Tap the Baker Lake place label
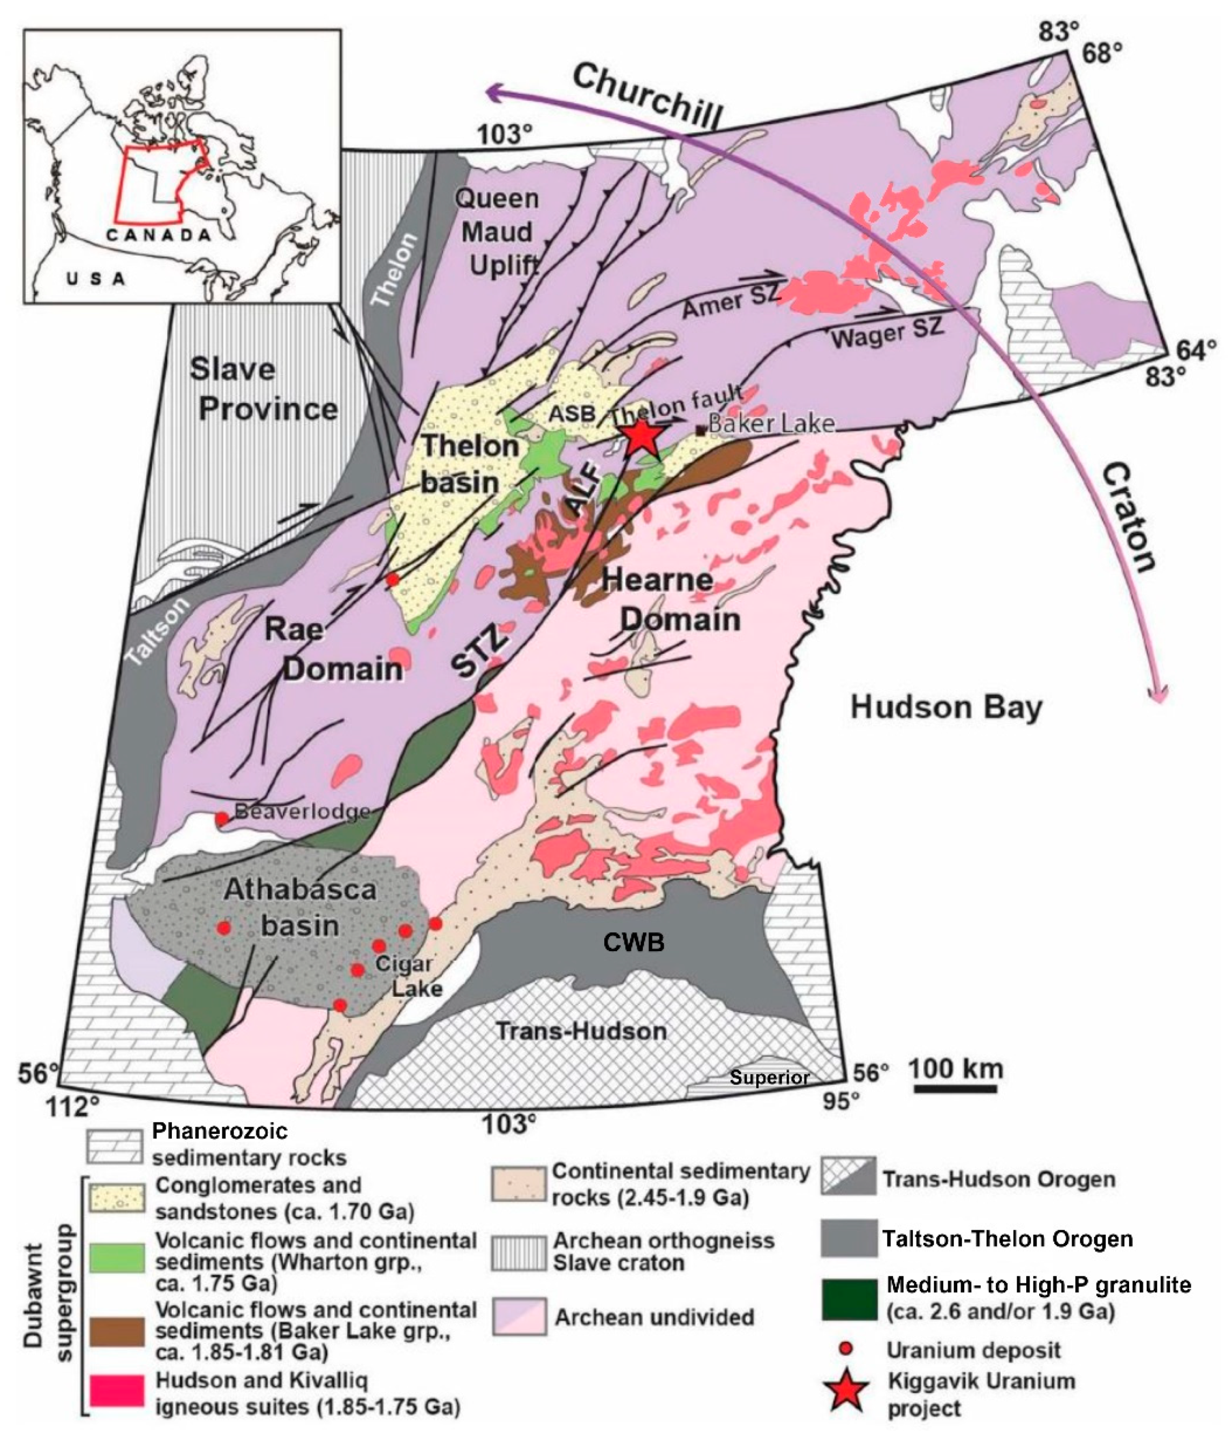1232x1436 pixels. point(770,423)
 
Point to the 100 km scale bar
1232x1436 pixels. point(956,1089)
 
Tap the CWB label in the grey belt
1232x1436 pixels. point(633,942)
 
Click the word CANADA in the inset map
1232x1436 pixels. point(159,235)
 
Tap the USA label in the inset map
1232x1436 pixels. point(96,279)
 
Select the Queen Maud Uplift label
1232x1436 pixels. point(498,232)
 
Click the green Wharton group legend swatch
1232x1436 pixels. point(117,1258)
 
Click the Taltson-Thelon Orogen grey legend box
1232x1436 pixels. point(849,1238)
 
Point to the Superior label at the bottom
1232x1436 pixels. point(769,1077)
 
